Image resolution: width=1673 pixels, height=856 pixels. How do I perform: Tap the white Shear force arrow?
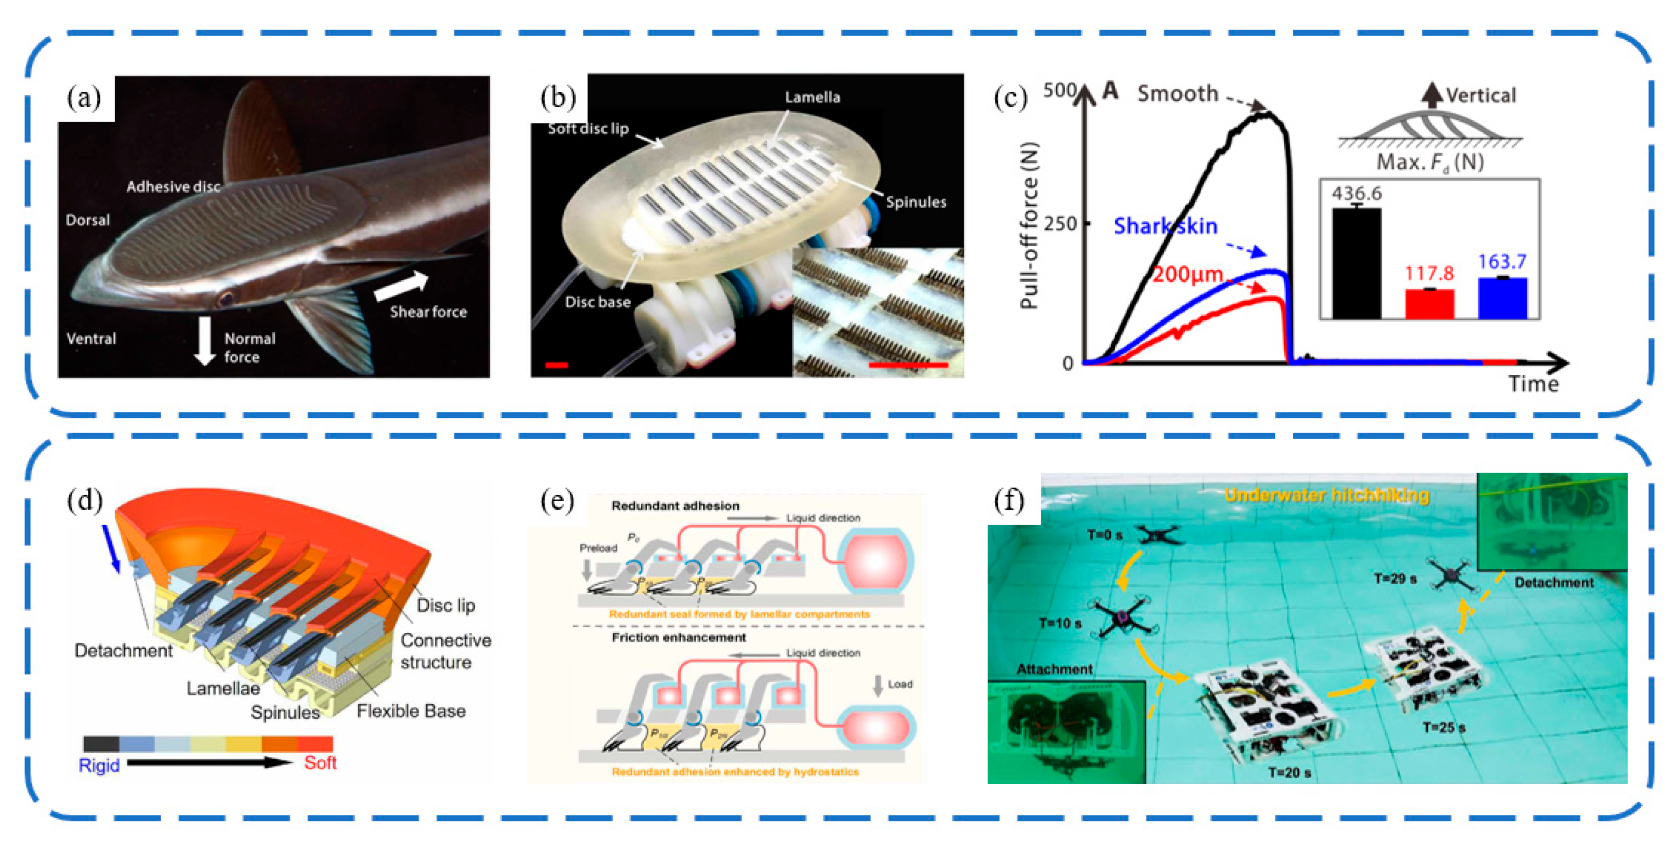[x=402, y=286]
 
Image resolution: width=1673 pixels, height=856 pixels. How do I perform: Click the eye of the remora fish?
[x=225, y=299]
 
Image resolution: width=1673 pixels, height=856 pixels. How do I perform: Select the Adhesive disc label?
[x=173, y=187]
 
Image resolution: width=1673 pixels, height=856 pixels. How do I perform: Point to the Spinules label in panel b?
[x=915, y=202]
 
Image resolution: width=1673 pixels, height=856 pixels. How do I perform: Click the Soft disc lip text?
[x=588, y=129]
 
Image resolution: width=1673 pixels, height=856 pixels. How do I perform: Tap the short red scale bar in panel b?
[x=557, y=365]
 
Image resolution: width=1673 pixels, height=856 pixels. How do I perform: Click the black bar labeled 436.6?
[x=1356, y=263]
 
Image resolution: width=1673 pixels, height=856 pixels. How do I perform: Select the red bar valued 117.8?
[x=1429, y=304]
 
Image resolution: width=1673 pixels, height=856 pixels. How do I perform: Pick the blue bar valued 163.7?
[x=1502, y=298]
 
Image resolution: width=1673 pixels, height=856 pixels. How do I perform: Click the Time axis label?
[x=1533, y=384]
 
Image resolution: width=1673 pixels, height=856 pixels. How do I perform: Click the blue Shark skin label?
[x=1165, y=226]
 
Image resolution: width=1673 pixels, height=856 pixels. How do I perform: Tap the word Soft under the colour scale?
[x=320, y=762]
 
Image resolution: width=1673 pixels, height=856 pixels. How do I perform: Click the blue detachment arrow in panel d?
[x=110, y=549]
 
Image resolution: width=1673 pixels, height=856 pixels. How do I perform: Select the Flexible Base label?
[x=411, y=711]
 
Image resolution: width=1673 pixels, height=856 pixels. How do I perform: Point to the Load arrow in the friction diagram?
[x=878, y=685]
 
